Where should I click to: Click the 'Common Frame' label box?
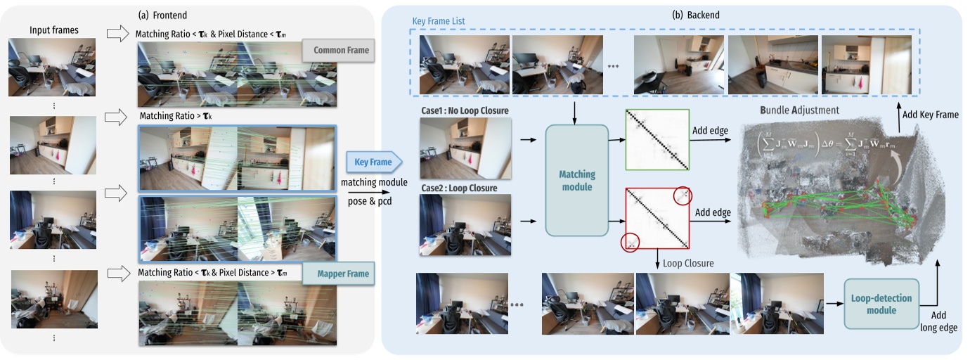(x=335, y=50)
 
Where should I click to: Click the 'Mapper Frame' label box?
(x=335, y=274)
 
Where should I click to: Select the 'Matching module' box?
(x=576, y=180)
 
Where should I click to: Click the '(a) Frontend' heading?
(x=164, y=13)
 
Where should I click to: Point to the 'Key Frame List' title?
(x=439, y=22)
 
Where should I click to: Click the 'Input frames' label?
(x=54, y=30)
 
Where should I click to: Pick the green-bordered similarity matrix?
(x=657, y=140)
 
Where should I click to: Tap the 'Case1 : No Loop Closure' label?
(x=464, y=110)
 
